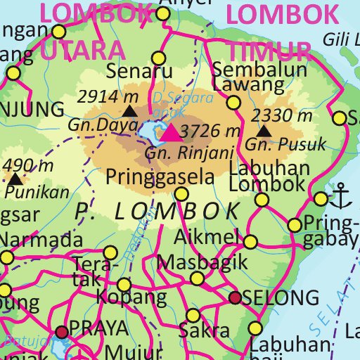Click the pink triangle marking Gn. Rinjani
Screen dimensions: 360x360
click(172, 131)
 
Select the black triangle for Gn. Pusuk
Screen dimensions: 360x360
click(264, 131)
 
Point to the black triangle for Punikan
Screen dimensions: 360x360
click(14, 179)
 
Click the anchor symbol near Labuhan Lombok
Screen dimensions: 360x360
click(342, 196)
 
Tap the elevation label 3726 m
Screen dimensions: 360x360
click(210, 131)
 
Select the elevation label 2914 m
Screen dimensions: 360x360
click(106, 96)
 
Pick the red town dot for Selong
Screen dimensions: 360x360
click(236, 298)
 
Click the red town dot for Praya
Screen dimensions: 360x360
click(63, 331)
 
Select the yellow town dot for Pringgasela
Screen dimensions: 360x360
click(181, 194)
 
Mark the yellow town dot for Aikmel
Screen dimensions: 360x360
click(250, 242)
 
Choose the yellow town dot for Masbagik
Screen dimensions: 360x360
click(198, 279)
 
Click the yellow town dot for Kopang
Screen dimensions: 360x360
click(124, 285)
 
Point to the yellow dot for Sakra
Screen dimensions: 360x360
click(193, 315)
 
